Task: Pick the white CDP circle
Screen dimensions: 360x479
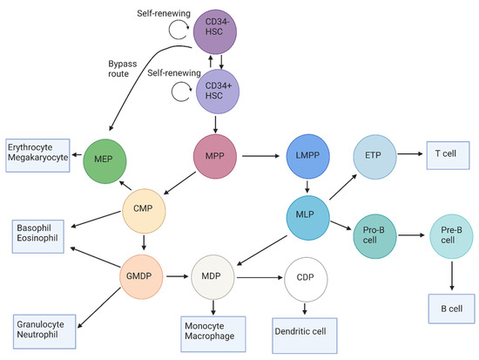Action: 305,278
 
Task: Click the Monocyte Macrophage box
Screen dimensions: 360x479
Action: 212,327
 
